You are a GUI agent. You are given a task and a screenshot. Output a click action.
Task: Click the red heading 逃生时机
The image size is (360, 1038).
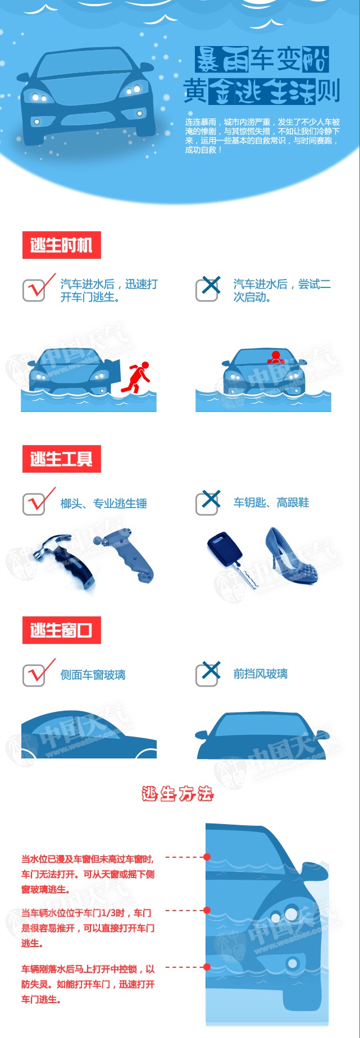[x=61, y=245]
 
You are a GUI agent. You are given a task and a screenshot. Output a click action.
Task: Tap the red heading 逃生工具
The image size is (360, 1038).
[x=61, y=459]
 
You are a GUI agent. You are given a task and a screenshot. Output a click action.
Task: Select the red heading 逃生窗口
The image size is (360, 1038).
[x=61, y=630]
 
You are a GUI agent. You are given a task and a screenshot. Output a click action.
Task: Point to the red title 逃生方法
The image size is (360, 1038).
[x=177, y=793]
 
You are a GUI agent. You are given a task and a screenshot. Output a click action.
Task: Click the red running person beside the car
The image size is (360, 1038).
[x=136, y=377]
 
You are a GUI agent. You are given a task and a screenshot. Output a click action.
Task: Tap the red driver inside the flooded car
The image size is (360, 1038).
[x=275, y=357]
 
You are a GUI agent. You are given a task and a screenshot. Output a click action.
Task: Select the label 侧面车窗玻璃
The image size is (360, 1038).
[x=93, y=675]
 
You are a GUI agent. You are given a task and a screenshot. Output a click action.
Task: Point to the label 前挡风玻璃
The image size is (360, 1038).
[x=260, y=674]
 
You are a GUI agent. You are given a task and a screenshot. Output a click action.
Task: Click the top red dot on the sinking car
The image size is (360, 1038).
[x=207, y=857]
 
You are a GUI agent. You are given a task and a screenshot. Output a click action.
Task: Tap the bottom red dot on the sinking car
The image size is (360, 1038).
[x=207, y=967]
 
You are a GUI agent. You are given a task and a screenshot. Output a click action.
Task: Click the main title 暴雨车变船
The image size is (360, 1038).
[x=262, y=60]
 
